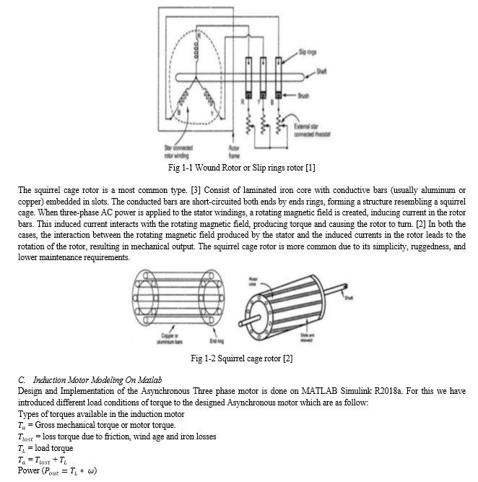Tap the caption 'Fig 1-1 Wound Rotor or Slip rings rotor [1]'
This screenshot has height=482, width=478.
pyautogui.click(x=239, y=168)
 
